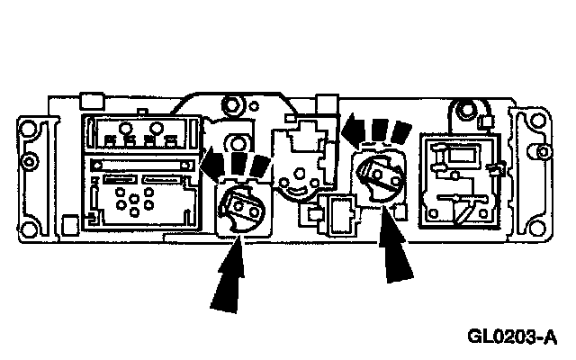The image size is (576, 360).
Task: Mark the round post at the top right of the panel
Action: click(x=463, y=112)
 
